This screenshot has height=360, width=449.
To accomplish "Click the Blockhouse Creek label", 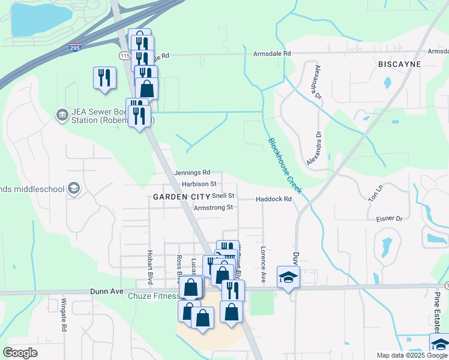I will click(285, 169).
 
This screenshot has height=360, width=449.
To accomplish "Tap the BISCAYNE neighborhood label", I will click(399, 64).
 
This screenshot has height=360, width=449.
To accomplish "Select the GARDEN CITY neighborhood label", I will click(181, 197).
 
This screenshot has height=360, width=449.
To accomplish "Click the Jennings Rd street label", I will click(192, 172).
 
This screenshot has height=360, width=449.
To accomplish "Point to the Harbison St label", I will click(199, 184).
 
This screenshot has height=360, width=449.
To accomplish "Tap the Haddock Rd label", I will click(273, 199).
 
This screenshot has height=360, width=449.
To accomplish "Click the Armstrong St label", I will click(213, 208).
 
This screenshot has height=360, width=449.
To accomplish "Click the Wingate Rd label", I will click(64, 316).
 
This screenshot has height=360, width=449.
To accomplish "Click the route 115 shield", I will click(124, 56).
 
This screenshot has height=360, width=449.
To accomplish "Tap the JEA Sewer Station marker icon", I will click(61, 114).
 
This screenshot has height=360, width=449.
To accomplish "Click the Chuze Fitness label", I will click(153, 296).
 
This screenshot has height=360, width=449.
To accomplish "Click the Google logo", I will click(20, 353).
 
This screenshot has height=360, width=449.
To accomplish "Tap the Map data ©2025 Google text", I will click(411, 355).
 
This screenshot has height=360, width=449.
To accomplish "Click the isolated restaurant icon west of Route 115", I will click(104, 78).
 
